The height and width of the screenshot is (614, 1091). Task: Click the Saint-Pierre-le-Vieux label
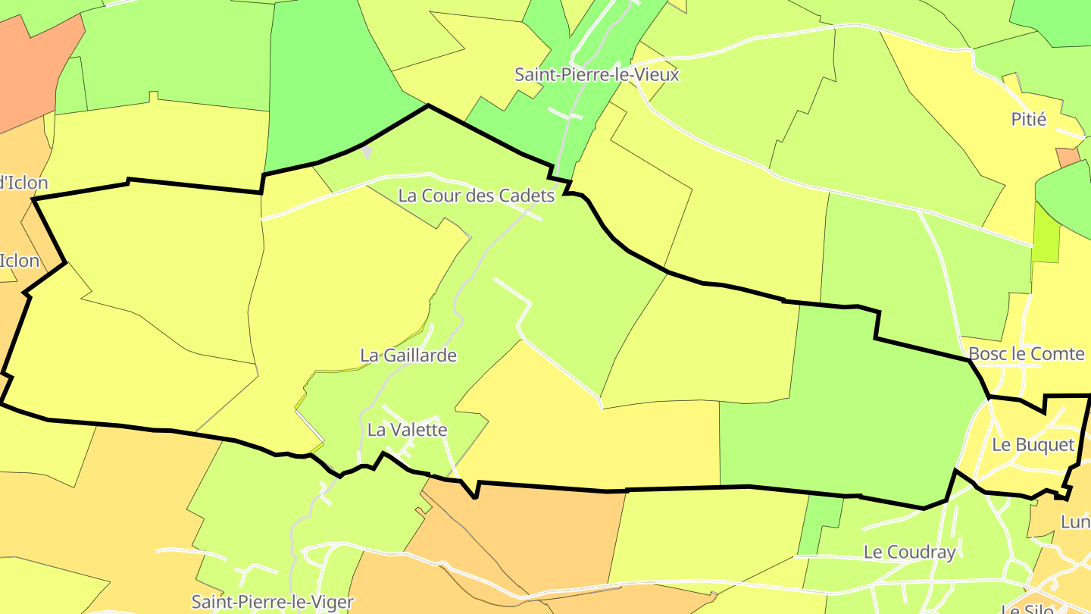pos(597,75)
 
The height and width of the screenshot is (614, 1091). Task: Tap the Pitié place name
pos(1029,119)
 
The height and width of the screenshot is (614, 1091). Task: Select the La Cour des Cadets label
pos(477,196)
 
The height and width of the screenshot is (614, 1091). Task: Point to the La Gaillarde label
pos(408,355)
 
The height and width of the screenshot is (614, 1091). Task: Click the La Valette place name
pos(407,430)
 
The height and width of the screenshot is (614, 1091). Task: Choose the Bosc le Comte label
pos(1027,354)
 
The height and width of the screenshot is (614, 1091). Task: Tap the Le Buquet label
pos(1033,445)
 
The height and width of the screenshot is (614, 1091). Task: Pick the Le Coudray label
pos(910,552)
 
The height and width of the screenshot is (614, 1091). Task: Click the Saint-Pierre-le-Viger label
pos(273,603)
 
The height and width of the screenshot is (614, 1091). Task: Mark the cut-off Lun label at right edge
pos(1076,522)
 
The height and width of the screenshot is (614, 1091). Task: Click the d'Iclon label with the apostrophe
pos(23,183)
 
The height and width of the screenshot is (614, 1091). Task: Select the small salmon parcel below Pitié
pos(1068,157)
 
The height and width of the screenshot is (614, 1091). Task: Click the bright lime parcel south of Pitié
pos(1047,235)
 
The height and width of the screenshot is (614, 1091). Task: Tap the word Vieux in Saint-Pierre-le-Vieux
pos(656,75)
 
